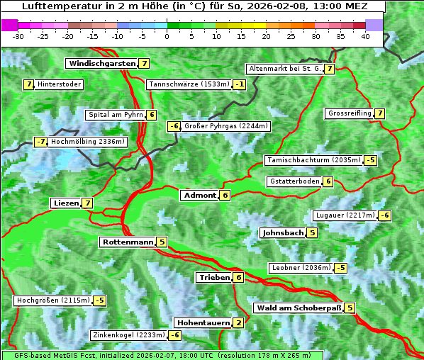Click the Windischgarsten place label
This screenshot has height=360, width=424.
click(101, 64)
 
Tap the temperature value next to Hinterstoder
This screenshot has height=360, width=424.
click(29, 84)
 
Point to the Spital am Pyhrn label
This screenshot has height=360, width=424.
click(116, 115)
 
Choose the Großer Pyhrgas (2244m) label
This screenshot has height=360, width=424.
click(225, 126)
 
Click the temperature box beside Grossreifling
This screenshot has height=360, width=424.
click(380, 113)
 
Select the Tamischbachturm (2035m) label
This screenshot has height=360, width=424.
click(313, 160)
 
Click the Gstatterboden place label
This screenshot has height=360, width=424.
click(294, 181)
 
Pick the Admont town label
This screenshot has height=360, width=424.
click(199, 195)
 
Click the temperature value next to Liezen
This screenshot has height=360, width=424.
click(87, 203)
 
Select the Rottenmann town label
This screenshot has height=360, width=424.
click(127, 242)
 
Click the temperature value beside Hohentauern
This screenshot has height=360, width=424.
click(238, 323)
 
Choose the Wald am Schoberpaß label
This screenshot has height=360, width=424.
click(298, 308)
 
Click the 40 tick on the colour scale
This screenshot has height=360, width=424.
click(365, 36)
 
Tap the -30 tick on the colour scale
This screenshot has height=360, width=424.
click(18, 36)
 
